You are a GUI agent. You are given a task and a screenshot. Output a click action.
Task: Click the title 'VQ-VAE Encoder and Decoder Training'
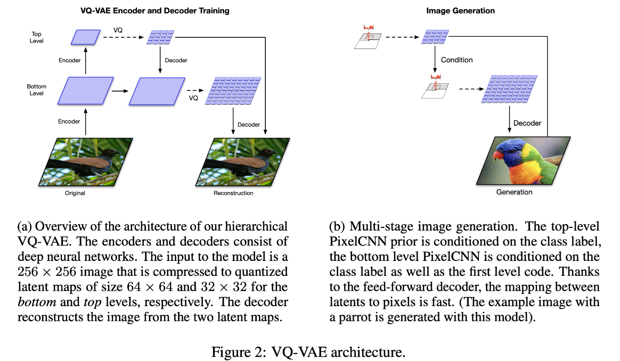[x=154, y=11]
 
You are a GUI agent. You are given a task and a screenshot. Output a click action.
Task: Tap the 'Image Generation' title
[x=460, y=11]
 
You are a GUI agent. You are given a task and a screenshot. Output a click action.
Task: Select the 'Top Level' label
[x=36, y=38]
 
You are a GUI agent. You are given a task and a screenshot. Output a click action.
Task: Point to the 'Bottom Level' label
[x=36, y=90]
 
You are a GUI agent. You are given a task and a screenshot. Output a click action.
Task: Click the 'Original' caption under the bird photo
[x=75, y=193]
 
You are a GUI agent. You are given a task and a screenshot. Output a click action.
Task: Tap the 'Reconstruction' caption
[x=233, y=193]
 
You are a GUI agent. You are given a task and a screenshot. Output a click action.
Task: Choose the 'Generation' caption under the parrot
[x=514, y=192]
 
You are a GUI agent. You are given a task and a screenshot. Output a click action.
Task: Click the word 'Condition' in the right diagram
[x=456, y=60]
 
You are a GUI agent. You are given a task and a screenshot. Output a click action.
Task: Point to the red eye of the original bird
[x=113, y=151]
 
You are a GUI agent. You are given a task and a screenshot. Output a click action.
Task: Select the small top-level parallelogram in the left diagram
[x=85, y=37]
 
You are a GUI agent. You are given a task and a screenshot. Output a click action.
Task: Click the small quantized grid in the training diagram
[x=160, y=37]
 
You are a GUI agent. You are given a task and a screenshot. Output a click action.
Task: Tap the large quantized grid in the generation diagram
[x=509, y=89]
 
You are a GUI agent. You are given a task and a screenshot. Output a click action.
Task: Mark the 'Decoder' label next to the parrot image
[x=527, y=123]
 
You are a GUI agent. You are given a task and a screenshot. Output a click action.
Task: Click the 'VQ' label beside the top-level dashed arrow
[x=118, y=30]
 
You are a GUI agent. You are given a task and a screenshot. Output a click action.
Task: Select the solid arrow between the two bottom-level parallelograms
[x=120, y=91]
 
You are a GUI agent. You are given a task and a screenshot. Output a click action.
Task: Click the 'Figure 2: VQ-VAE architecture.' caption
[x=308, y=351]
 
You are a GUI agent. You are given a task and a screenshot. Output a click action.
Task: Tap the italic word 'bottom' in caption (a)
[x=37, y=302]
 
